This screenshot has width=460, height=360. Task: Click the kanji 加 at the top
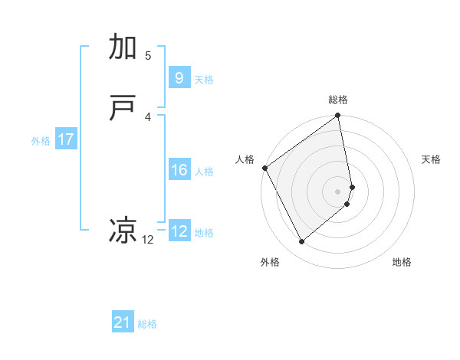[123, 47]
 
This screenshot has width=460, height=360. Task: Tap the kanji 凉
[123, 231]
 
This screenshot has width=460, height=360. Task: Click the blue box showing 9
[179, 78]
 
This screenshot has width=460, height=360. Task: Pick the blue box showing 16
[179, 170]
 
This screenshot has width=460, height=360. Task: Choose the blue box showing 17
[66, 139]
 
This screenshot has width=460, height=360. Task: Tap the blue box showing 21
[123, 322]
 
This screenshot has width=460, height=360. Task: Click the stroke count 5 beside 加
[148, 55]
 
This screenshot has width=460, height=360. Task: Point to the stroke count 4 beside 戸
[148, 116]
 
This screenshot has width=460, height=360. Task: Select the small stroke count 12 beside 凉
[148, 240]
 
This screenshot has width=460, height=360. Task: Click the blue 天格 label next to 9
[204, 80]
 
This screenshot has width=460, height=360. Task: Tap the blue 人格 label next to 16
[204, 172]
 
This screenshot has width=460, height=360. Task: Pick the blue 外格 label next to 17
[41, 141]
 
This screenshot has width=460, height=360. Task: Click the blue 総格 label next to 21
[147, 324]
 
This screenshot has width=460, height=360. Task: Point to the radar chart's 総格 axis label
[338, 100]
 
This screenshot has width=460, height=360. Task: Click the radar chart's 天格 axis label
[432, 159]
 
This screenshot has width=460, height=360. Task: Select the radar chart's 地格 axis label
[402, 262]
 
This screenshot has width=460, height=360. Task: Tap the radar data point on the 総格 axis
[338, 116]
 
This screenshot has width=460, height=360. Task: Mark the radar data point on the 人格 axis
[264, 168]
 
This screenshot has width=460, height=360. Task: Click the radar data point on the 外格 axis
[301, 242]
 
